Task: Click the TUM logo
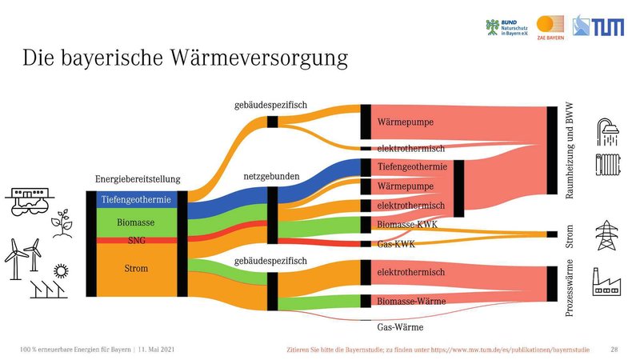598,26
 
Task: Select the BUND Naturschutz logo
506,28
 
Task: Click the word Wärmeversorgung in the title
258,58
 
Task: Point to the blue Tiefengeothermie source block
136,199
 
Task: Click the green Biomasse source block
136,222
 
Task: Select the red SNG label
136,241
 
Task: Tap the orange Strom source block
136,270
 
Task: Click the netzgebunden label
271,176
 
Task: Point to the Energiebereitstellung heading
138,178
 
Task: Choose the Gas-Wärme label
400,327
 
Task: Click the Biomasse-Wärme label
411,302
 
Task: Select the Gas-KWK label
396,244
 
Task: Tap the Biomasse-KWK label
407,224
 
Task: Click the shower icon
608,132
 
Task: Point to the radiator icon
608,165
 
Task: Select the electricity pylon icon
606,235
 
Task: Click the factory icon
606,282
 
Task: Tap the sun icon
62,270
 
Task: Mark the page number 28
614,350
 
